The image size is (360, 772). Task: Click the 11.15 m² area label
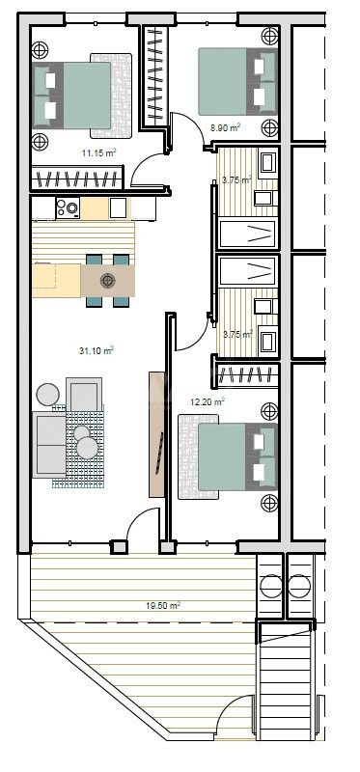[x=99, y=152]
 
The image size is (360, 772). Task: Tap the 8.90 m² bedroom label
[x=225, y=128]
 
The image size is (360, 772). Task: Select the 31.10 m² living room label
[x=97, y=350]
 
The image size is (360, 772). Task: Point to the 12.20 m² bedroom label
[x=208, y=401]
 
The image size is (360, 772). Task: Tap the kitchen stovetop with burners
[x=68, y=207]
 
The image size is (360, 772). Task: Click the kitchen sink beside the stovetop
[x=118, y=207]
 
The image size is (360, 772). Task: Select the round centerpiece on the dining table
[x=107, y=281]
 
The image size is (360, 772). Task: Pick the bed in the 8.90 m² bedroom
[x=237, y=82]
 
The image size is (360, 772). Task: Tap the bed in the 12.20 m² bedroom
[x=237, y=456]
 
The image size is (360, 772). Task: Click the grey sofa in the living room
[x=49, y=445]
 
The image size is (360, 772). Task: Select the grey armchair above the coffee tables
[x=84, y=395]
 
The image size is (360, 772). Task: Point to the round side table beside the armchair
[x=47, y=395]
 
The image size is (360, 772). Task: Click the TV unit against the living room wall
[x=156, y=433]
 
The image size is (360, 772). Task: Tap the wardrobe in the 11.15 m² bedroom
[x=77, y=179]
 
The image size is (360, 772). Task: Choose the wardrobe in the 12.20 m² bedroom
[x=248, y=375]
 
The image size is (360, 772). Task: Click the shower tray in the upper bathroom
[x=247, y=234]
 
